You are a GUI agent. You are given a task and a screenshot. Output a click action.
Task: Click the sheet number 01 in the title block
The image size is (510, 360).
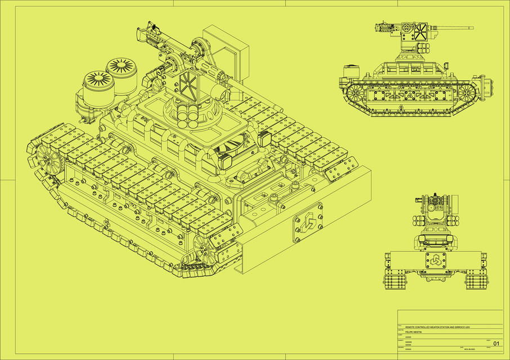[496, 343]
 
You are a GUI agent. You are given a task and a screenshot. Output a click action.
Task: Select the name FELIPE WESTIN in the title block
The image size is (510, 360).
[413, 332]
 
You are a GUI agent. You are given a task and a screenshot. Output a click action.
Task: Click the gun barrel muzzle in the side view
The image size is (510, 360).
[471, 28]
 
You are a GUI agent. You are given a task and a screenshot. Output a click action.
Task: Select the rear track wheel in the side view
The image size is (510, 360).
[355, 92]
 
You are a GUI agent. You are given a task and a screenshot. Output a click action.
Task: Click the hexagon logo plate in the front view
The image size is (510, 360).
[435, 261]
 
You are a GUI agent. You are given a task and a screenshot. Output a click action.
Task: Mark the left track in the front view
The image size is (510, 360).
[394, 279]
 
